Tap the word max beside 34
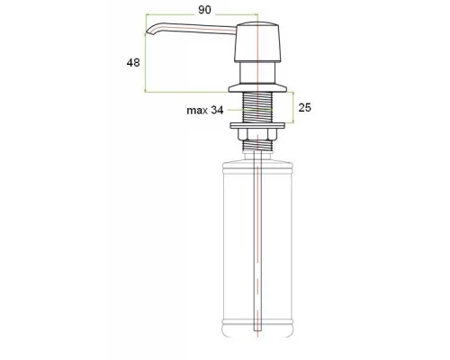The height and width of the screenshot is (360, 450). (x=197, y=111)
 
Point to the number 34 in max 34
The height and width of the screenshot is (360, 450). (x=219, y=111)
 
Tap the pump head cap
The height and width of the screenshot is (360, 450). (x=258, y=40)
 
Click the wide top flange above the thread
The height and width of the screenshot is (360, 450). (x=258, y=86)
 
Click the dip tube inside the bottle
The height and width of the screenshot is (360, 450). (x=258, y=252)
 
